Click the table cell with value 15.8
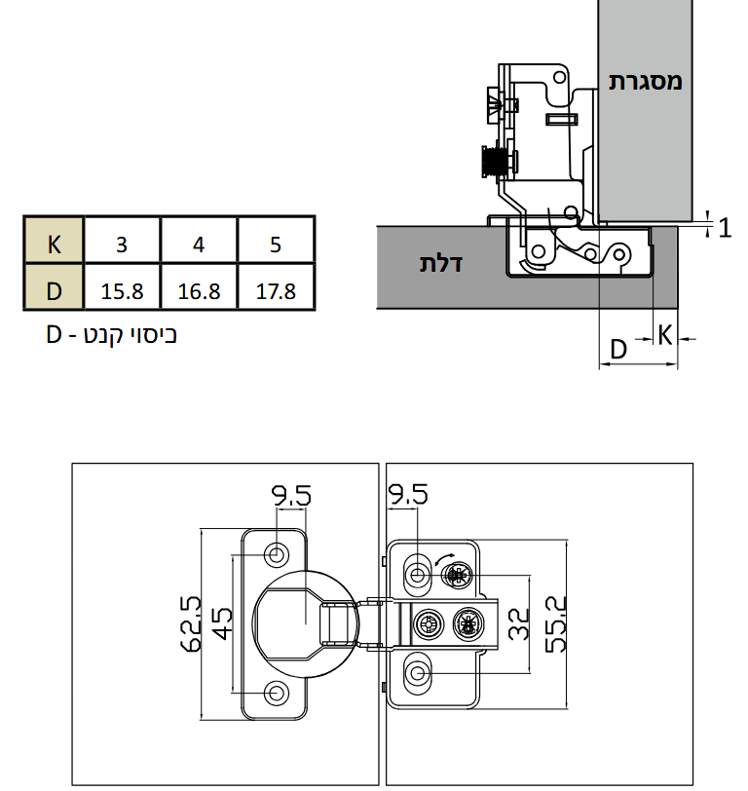(x=122, y=286)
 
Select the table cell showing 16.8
(x=199, y=286)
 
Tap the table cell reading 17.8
(x=276, y=286)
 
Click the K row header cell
(x=54, y=240)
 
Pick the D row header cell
(x=54, y=286)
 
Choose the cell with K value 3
(x=122, y=240)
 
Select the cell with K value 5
(x=276, y=240)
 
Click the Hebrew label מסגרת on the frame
(x=645, y=81)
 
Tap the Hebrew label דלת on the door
(x=441, y=263)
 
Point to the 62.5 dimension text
(x=191, y=623)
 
